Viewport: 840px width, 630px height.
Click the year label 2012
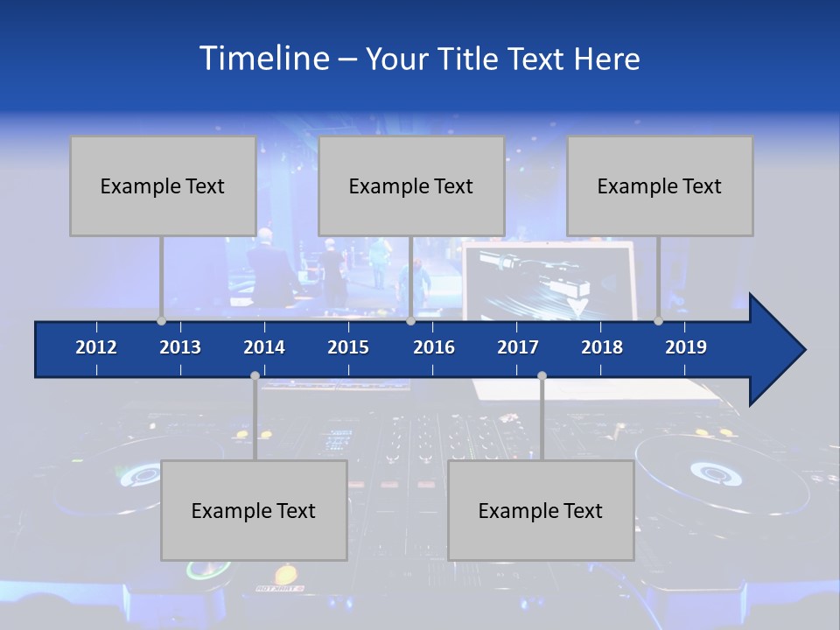click(96, 347)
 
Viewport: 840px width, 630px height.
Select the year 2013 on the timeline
click(180, 347)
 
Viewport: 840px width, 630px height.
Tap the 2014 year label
click(264, 347)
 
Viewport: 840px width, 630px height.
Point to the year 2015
click(348, 347)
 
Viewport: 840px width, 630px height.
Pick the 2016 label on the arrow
click(434, 347)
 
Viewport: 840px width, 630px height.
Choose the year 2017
click(518, 347)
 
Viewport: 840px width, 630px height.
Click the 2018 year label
click(602, 347)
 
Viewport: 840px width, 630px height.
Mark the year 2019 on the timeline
click(686, 347)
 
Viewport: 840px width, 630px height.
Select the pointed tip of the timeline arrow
click(802, 350)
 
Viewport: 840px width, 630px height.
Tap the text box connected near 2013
click(163, 185)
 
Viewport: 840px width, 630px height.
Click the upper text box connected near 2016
click(411, 185)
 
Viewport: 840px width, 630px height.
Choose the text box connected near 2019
click(660, 185)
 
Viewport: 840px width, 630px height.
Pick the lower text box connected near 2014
click(254, 510)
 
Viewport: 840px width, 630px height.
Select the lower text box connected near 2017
click(541, 510)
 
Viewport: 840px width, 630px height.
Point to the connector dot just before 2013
click(161, 320)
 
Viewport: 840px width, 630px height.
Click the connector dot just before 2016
click(410, 320)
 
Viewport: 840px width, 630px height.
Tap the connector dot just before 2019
click(658, 320)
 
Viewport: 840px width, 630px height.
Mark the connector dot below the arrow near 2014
click(255, 376)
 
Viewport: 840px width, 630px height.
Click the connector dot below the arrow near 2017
click(542, 376)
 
